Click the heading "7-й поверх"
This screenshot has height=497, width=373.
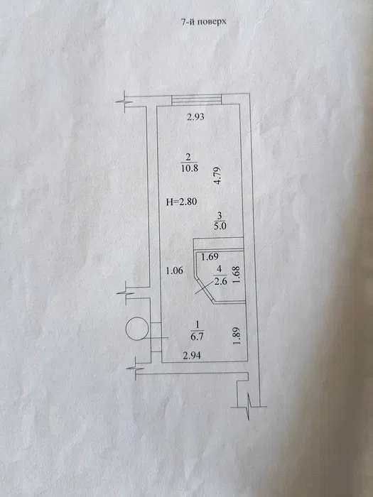click(x=204, y=22)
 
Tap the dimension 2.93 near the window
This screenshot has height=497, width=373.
click(x=195, y=117)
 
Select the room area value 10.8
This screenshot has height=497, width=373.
click(x=190, y=168)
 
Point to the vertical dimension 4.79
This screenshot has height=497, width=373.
click(x=217, y=176)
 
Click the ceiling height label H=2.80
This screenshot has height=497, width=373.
click(x=182, y=202)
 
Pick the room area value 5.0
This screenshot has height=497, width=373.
click(x=220, y=226)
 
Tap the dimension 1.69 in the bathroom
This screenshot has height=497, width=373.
click(x=210, y=256)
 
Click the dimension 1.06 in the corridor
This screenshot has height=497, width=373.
click(x=175, y=271)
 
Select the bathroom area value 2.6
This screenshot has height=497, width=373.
click(x=220, y=281)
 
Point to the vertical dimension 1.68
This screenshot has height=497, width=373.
click(x=237, y=275)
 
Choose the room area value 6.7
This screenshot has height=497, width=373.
click(x=197, y=337)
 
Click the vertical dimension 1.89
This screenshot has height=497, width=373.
click(x=236, y=337)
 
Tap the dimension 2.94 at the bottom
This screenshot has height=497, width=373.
click(x=192, y=356)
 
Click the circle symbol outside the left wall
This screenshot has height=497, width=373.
click(x=126, y=329)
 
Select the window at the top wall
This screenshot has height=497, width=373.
click(x=196, y=99)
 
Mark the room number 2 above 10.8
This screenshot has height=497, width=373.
click(x=188, y=157)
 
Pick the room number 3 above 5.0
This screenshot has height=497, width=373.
click(x=220, y=216)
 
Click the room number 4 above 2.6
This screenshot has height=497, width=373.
click(x=220, y=270)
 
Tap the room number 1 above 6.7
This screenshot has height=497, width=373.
click(x=198, y=324)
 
